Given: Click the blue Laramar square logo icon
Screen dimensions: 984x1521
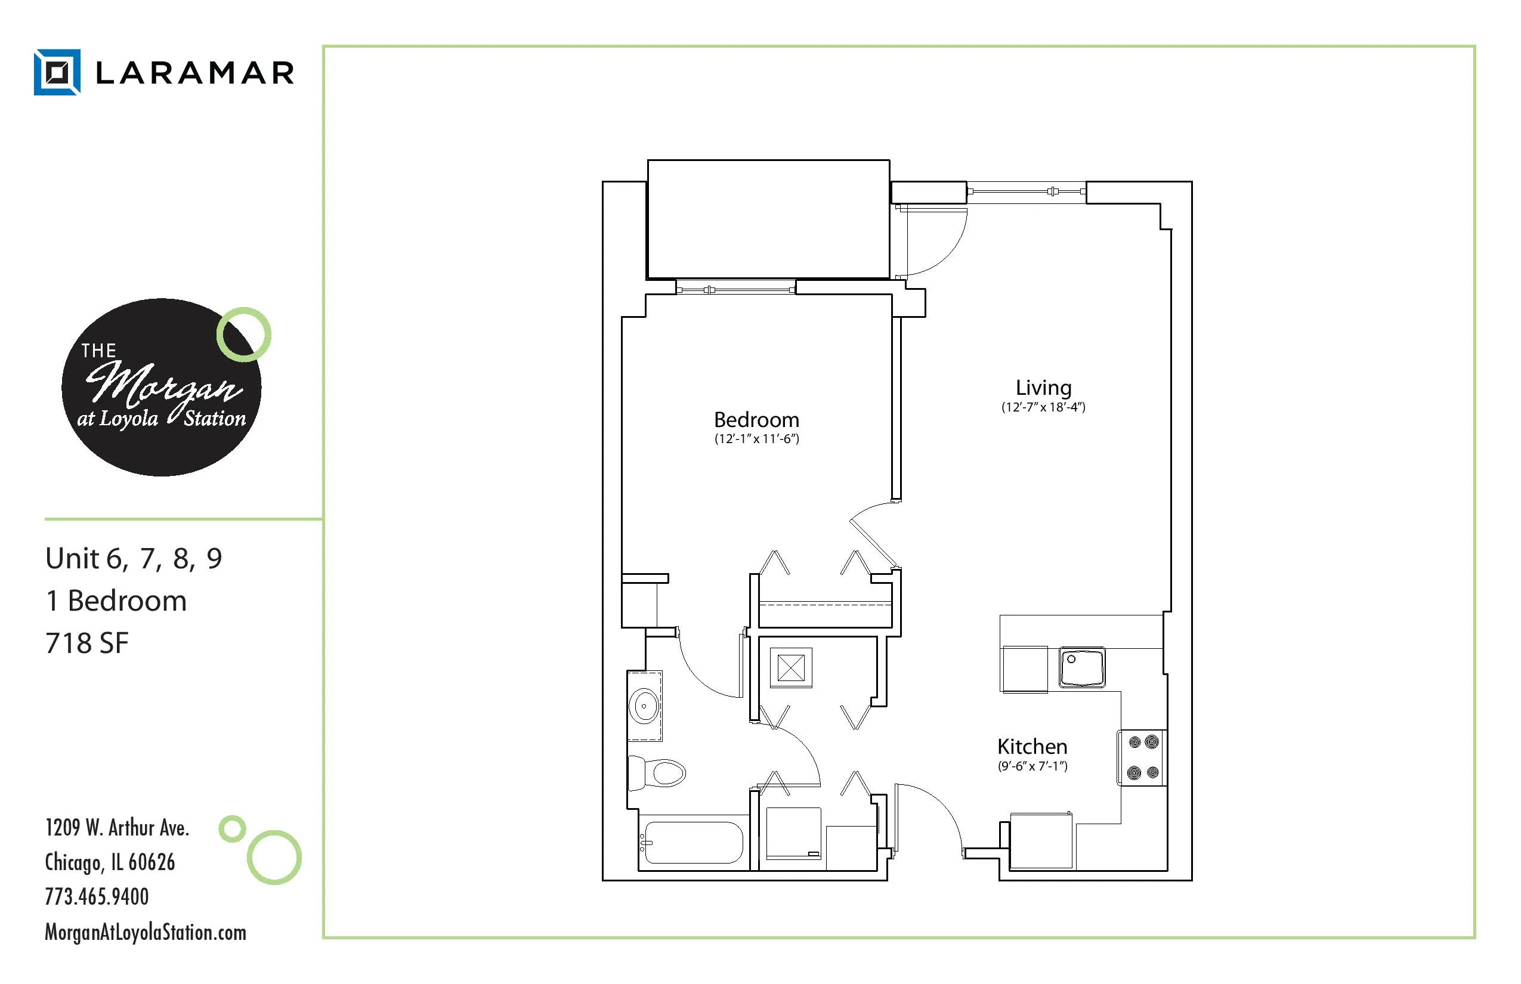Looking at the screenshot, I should (x=57, y=72).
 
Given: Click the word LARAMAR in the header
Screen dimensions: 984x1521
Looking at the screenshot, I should (x=195, y=73).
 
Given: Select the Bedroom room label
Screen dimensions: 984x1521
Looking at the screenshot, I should (x=757, y=420).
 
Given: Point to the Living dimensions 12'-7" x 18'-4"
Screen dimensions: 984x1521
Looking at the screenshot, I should (x=1043, y=407).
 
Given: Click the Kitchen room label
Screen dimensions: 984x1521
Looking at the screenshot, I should (x=1032, y=746).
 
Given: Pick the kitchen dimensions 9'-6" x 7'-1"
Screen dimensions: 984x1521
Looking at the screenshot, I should (x=1032, y=766).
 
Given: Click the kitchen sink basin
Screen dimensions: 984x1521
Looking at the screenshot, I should (x=1082, y=667).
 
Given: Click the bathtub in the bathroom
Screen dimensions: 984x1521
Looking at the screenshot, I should (x=693, y=843).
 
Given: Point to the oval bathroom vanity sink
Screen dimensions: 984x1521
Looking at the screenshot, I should (x=644, y=706).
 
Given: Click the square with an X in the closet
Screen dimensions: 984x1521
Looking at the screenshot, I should (x=790, y=669).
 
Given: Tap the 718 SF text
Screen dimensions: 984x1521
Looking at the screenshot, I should (x=87, y=643).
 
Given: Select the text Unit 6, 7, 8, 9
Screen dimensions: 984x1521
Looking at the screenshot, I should (x=134, y=558).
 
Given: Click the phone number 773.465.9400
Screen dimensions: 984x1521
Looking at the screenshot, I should (x=97, y=896).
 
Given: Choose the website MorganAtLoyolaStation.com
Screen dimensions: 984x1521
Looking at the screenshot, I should (x=145, y=932).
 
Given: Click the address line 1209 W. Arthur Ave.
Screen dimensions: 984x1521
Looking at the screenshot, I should (x=117, y=828).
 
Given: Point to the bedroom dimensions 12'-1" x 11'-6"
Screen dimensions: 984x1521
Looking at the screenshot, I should (x=757, y=439).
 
